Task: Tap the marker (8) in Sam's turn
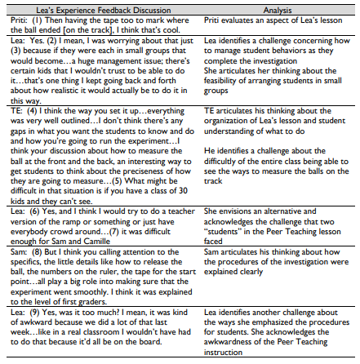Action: click(x=29, y=254)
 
